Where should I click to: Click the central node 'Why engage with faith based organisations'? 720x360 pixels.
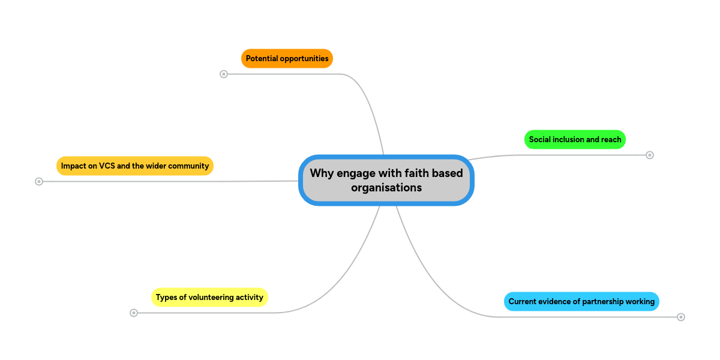click(x=386, y=180)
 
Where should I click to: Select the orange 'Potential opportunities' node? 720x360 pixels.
click(x=287, y=59)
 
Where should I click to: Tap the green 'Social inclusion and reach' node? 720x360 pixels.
click(x=575, y=140)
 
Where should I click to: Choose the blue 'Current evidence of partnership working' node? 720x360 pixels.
click(x=581, y=301)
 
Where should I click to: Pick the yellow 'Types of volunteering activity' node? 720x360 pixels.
click(x=209, y=297)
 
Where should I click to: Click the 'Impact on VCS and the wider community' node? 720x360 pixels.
click(x=135, y=166)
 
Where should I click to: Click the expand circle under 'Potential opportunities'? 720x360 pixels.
click(x=224, y=74)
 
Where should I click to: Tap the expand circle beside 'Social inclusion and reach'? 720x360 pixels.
click(x=649, y=155)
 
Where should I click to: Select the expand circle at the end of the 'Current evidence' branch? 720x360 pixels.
click(x=681, y=317)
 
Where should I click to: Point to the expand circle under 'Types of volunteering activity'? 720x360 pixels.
click(x=134, y=313)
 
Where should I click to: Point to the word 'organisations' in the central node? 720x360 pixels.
click(x=386, y=188)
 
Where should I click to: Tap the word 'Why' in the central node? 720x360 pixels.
click(x=322, y=173)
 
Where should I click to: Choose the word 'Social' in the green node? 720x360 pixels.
click(x=541, y=140)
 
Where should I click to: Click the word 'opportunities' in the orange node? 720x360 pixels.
click(x=304, y=59)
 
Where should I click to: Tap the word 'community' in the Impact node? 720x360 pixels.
click(x=190, y=166)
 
